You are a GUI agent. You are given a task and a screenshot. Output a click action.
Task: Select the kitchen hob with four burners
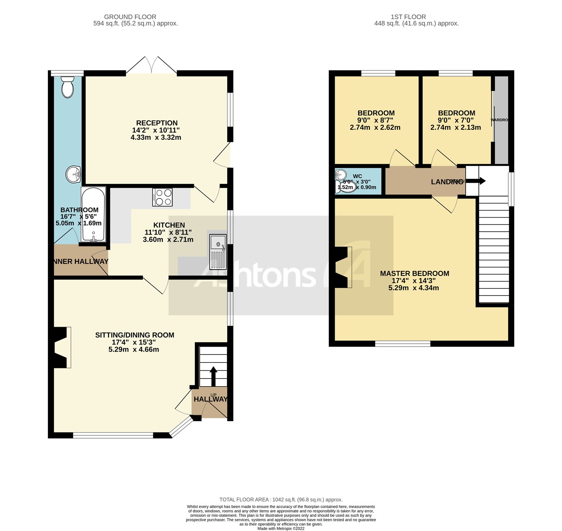pos(162,197)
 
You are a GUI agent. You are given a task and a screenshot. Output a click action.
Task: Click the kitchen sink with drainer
pos(218,252)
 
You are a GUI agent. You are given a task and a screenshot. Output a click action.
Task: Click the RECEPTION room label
pos(157,123)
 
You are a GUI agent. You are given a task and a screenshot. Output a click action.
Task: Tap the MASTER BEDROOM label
pos(414,273)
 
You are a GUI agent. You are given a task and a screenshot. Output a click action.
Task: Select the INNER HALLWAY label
pos(80,261)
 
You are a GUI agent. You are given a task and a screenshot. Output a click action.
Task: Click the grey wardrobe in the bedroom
pos(501,120)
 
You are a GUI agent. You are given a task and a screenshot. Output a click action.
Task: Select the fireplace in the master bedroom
pos(343,267)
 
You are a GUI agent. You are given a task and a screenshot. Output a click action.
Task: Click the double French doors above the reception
pos(152,67)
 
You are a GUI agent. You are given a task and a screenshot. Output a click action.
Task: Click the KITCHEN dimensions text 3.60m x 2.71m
pos(168,240)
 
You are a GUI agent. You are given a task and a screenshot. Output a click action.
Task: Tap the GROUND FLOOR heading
pos(130,17)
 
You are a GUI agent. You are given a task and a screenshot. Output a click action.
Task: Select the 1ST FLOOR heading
pos(408,17)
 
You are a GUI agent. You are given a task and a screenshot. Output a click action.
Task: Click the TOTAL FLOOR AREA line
pos(281,499)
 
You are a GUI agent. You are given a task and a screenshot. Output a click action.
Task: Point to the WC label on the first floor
pos(357,176)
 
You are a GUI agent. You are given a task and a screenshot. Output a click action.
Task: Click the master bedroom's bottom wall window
pos(403,344)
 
